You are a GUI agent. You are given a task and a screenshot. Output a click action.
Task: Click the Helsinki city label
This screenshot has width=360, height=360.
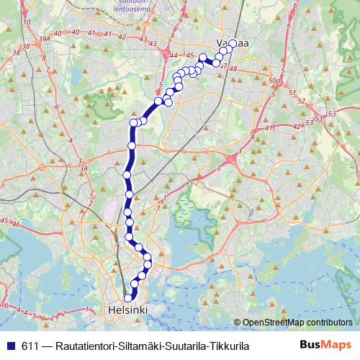tap(127, 310)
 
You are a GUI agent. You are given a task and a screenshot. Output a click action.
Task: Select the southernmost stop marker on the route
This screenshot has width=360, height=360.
tap(129, 297)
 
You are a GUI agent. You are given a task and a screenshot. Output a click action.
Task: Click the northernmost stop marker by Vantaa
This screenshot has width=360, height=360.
tap(232, 44)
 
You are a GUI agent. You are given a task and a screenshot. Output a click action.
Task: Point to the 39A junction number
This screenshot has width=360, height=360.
tap(45, 37)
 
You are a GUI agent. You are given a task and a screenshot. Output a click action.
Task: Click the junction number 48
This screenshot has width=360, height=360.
tap(233, 68)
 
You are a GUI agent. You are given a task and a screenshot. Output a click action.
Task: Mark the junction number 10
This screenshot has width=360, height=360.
tap(27, 22)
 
